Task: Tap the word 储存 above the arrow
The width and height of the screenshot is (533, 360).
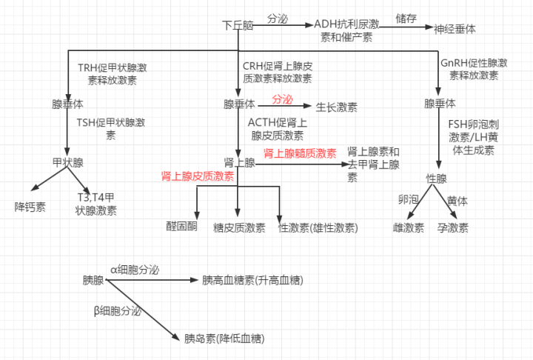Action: [x=406, y=17]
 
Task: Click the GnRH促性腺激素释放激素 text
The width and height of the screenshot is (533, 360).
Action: [x=474, y=69]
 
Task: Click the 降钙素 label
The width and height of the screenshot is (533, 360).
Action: [x=30, y=206]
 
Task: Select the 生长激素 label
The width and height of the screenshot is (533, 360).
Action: [x=337, y=107]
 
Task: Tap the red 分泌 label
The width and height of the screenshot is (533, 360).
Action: [x=282, y=99]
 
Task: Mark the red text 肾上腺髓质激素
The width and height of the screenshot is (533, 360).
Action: [x=300, y=153]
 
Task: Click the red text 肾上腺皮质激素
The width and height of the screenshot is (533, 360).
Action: [x=198, y=176]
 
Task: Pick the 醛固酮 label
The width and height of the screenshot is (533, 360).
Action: [x=181, y=227]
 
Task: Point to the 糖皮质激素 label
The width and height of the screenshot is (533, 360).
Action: [x=239, y=227]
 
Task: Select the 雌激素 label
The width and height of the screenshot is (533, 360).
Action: [x=408, y=227]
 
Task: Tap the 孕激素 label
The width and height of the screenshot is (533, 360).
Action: [x=452, y=227]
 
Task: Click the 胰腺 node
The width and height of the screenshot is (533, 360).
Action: [x=93, y=281]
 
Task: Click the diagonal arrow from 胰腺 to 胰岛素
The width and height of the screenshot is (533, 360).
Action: [x=140, y=312]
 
